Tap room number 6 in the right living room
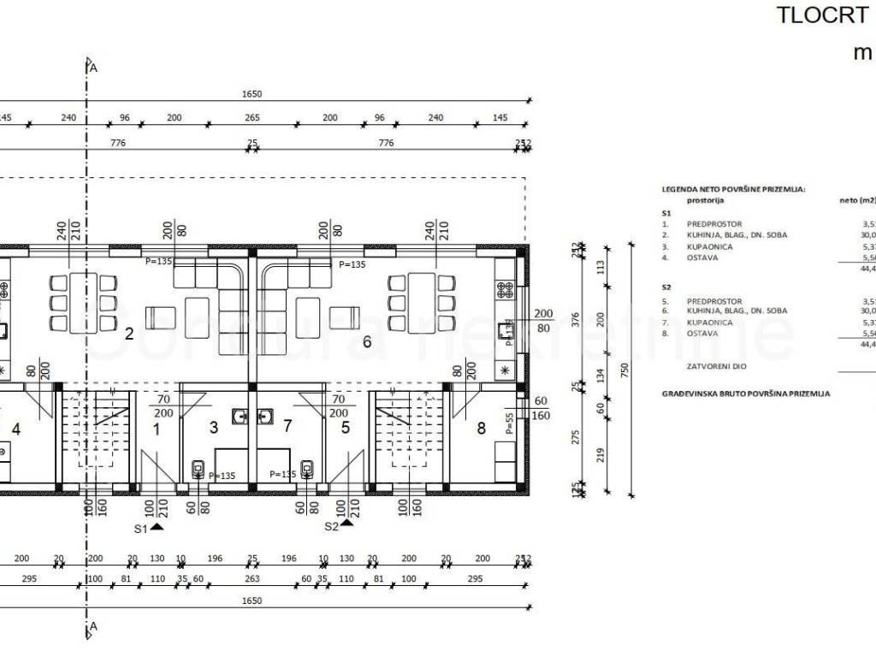(367, 342)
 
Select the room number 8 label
(481, 428)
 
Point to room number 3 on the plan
(214, 427)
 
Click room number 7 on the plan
(287, 427)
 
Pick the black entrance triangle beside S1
(157, 528)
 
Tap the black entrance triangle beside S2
(346, 523)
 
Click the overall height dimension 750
(625, 369)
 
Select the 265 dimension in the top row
(252, 118)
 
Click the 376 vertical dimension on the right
(576, 319)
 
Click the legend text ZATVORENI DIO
(713, 365)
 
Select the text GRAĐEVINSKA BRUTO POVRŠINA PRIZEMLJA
(746, 394)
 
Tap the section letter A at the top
(93, 67)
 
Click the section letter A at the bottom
(93, 627)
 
